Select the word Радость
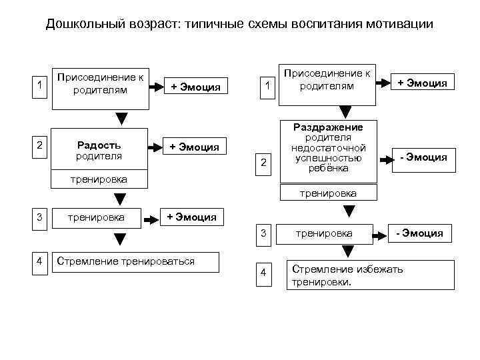point(99,145)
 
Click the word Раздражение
point(328,127)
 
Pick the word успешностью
point(328,158)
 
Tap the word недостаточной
point(328,147)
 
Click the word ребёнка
point(328,168)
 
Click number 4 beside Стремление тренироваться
point(41,261)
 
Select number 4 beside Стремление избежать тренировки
point(264,274)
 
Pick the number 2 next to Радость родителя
point(41,145)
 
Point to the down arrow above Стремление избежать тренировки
point(347,252)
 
